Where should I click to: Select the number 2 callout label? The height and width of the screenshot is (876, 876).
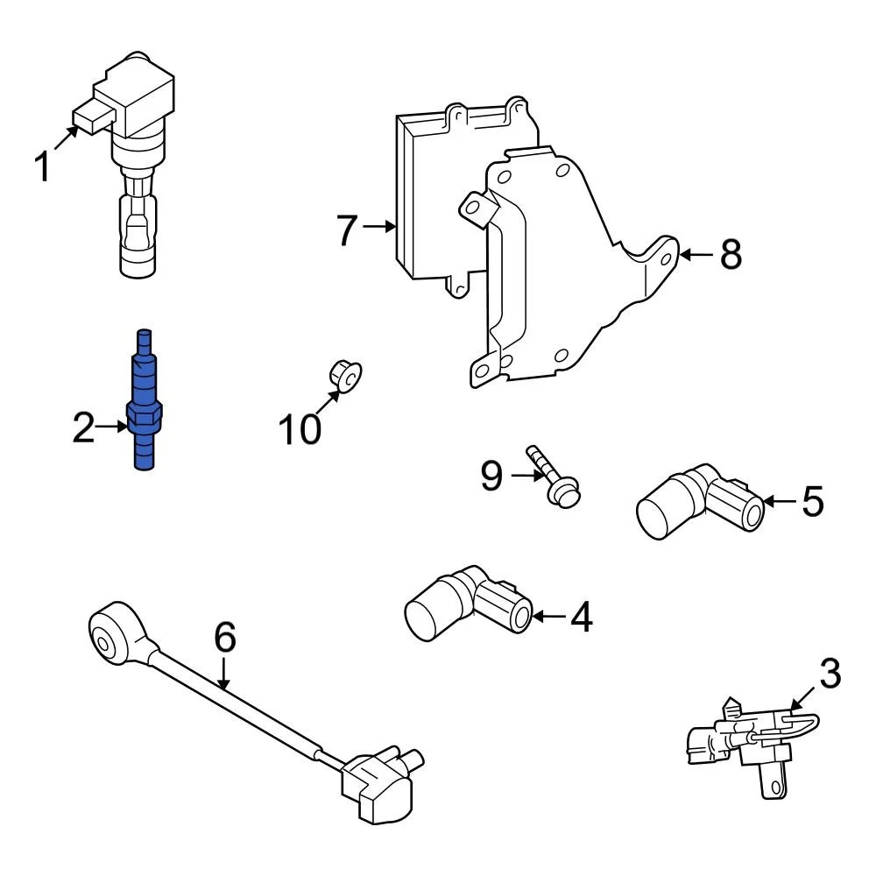coord(83,429)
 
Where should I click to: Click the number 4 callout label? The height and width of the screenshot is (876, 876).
coord(581,618)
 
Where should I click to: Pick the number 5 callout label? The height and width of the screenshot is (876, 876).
coord(812,502)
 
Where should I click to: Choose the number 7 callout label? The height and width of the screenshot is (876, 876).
coord(347,230)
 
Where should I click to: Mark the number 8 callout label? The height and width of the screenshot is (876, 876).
coord(731,255)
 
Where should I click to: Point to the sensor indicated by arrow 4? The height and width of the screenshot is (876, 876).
coord(464,603)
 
